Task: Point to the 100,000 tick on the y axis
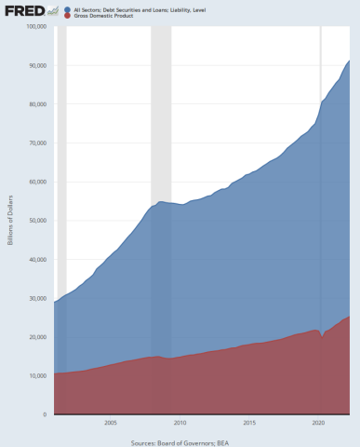click(35, 26)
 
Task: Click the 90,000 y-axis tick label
click(37, 65)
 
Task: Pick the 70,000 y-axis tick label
click(37, 142)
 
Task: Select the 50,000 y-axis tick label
click(37, 221)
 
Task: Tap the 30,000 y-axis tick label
click(37, 298)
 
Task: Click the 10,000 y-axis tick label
click(37, 375)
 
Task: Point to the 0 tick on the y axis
click(45, 414)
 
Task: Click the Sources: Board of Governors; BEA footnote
click(180, 443)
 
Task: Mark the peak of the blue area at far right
click(349, 61)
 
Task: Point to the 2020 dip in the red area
click(322, 338)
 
